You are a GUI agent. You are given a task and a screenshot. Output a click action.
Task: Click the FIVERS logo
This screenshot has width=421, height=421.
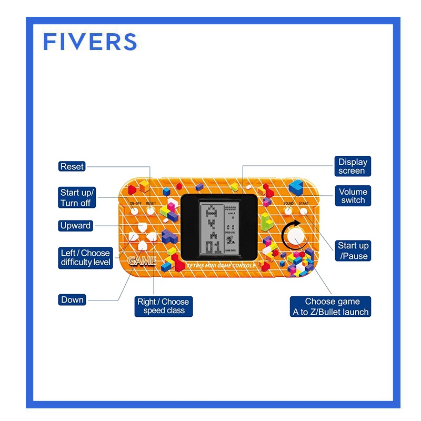(x=90, y=42)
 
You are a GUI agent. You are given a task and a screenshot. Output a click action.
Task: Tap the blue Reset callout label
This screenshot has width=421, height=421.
(x=72, y=166)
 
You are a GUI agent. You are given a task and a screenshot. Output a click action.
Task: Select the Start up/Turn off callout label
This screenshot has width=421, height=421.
(x=77, y=197)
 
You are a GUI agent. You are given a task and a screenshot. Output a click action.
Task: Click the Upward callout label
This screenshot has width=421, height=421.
(x=76, y=226)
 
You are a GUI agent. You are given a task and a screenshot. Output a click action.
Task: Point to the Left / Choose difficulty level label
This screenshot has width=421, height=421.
(x=86, y=257)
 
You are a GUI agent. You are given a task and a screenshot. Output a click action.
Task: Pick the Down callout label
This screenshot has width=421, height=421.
(x=72, y=300)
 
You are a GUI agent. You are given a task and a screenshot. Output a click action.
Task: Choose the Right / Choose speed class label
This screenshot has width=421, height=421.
(x=163, y=306)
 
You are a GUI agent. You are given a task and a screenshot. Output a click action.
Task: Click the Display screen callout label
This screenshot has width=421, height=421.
(x=352, y=166)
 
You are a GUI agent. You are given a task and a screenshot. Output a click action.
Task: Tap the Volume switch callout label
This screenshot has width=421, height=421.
(x=353, y=196)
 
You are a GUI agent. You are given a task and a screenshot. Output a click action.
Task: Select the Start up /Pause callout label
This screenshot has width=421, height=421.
(x=353, y=250)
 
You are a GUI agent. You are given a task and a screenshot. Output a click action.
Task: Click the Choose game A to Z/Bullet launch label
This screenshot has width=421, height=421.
(x=331, y=306)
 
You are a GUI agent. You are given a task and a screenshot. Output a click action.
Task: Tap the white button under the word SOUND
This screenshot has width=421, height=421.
(x=288, y=211)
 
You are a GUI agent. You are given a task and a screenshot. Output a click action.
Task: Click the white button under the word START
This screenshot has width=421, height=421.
(x=304, y=211)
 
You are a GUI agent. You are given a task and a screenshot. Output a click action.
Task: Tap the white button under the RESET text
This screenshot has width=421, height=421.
(x=151, y=210)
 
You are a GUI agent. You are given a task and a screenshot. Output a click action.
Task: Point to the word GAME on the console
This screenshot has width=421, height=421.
(x=142, y=260)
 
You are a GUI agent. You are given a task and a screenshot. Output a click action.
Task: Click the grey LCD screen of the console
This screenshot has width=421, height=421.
(x=219, y=229)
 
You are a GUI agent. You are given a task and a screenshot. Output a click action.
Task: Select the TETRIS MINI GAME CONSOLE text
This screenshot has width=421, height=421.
(x=221, y=266)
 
